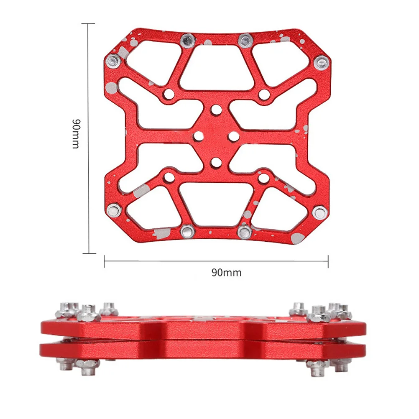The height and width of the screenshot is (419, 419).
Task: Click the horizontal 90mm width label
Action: point(226,273)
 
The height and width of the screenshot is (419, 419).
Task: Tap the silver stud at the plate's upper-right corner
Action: point(321,63)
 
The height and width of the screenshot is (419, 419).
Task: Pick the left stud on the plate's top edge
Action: point(187,41)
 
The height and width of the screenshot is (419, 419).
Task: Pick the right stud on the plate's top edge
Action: point(244,41)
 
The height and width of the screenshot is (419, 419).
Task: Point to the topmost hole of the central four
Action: point(216,110)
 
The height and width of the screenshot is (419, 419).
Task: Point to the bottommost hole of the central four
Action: point(216,161)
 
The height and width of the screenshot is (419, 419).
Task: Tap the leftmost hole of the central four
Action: point(199,136)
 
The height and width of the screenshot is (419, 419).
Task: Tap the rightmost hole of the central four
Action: point(234,136)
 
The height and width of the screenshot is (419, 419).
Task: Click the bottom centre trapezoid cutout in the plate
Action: point(215,204)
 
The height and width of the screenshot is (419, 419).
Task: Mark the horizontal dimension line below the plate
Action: point(216,261)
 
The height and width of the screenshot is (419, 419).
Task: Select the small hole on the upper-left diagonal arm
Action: point(169,94)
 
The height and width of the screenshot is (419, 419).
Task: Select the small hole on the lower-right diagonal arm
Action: point(263,178)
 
